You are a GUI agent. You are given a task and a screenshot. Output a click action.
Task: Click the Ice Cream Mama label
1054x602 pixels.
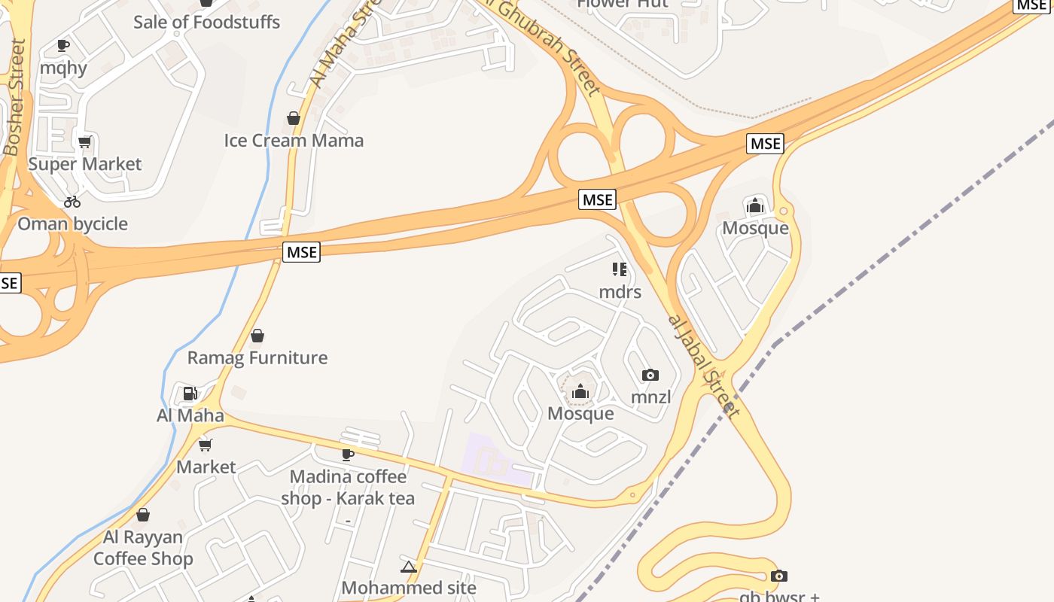(294, 140)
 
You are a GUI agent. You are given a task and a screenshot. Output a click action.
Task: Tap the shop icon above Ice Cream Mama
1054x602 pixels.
(294, 118)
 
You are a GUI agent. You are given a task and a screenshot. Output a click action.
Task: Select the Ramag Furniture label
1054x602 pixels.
(257, 357)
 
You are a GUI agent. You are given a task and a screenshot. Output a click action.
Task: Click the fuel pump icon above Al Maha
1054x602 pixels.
(190, 393)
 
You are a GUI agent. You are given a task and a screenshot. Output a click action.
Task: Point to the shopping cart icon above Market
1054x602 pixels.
(206, 445)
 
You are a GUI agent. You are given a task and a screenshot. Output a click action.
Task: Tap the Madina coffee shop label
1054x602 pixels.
(348, 488)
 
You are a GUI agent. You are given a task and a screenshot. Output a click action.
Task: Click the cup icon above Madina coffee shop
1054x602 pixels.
(347, 454)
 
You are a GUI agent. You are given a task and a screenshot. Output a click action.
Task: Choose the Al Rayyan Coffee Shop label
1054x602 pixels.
(143, 548)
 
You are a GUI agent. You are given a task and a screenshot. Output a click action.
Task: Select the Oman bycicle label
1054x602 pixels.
(73, 223)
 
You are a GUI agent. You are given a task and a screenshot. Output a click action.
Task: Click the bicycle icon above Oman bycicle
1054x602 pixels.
(72, 201)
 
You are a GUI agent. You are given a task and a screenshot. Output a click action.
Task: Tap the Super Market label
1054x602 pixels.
(85, 164)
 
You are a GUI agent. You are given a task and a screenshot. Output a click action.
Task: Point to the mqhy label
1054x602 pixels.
(63, 68)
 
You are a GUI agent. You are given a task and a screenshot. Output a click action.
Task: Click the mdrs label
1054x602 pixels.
(620, 291)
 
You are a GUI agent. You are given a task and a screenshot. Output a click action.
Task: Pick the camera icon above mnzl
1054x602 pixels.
(650, 375)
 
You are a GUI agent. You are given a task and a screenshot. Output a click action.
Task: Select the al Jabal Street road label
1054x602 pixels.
(703, 365)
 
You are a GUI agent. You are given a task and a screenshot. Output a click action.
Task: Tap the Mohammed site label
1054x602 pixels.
(409, 588)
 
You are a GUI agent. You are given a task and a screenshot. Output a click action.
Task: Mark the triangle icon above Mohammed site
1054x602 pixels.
(409, 567)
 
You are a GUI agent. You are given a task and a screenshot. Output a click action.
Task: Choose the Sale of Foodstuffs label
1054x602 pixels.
(206, 22)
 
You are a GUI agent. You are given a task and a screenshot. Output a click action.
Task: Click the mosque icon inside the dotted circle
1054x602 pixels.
(580, 391)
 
